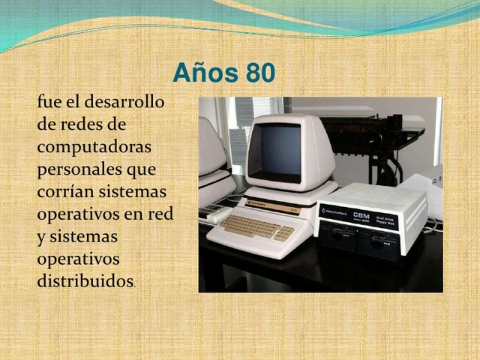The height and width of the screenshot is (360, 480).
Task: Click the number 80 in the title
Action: (259, 73)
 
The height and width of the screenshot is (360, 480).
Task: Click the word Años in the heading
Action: (204, 73)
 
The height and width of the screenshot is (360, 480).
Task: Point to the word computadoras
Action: (94, 146)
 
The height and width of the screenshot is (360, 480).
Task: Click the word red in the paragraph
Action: (160, 214)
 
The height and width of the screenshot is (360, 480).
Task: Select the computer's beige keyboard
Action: (250, 226)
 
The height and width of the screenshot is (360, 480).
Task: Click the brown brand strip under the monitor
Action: (272, 205)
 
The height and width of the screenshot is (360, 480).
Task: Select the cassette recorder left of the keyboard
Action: (216, 214)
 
